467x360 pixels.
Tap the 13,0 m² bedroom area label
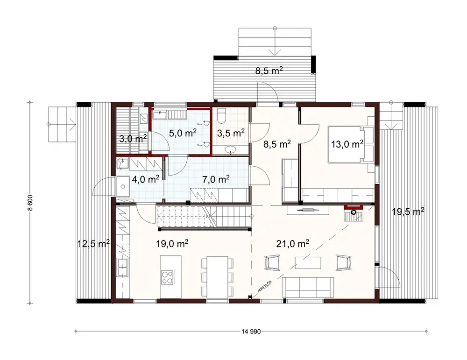coord(346,144)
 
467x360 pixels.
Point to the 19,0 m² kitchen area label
coord(172,243)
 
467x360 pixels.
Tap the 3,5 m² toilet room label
coord(231,133)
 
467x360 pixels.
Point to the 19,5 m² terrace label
coord(408,212)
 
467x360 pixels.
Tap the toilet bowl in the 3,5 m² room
coord(222,114)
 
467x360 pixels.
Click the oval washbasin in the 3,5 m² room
coord(231,150)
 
